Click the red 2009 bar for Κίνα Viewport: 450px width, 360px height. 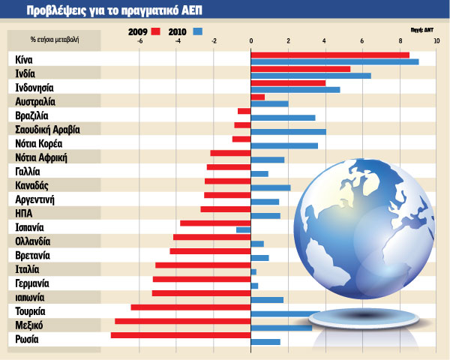point(330,55)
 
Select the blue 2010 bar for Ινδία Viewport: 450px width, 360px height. point(310,76)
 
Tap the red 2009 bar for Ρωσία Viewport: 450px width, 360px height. point(181,335)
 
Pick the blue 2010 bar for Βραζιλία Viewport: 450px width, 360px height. point(283,118)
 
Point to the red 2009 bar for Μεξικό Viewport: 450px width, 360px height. point(182,321)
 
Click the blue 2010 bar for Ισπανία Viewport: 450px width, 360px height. point(243,230)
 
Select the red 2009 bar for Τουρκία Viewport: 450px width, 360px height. point(190,307)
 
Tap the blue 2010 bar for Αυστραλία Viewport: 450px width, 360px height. point(269,103)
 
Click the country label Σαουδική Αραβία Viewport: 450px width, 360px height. point(48,129)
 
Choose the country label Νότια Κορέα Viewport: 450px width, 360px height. point(38,143)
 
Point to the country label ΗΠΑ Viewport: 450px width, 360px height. point(23,213)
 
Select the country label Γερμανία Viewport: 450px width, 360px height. point(32,283)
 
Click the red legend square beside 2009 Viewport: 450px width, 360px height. point(156,31)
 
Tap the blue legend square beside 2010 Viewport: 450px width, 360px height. point(198,31)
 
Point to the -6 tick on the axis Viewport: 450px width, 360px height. point(139,41)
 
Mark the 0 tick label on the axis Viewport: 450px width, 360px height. point(250,41)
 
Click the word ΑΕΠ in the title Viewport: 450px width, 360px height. point(188,11)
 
